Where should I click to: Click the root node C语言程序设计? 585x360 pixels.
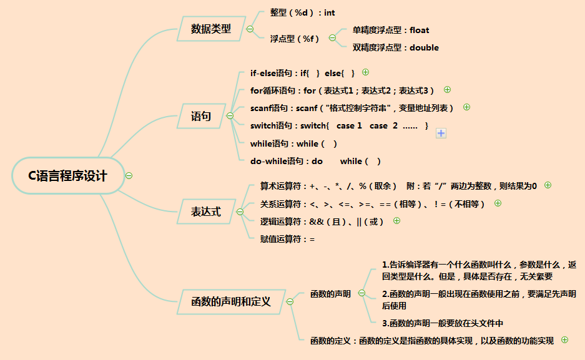[x=67, y=176]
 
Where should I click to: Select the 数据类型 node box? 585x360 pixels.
[x=210, y=29]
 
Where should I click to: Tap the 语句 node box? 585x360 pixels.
[x=200, y=116]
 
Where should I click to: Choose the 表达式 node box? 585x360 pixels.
[x=205, y=212]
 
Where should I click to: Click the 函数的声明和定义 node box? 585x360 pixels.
[x=230, y=302]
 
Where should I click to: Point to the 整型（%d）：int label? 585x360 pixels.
[x=303, y=12]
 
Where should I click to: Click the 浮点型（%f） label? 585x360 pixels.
[x=295, y=39]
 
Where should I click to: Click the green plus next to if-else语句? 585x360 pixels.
[x=366, y=72]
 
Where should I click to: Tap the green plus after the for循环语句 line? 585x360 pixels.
[x=447, y=90]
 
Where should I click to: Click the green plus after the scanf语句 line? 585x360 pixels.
[x=466, y=107]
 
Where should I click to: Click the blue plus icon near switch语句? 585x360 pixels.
[x=441, y=133]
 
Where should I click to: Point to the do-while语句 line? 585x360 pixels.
[x=315, y=161]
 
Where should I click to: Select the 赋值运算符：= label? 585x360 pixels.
[x=287, y=238]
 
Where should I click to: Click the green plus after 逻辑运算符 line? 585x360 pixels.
[x=396, y=220]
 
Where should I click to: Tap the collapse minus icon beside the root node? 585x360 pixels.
[x=129, y=176]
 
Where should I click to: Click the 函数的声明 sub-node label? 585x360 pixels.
[x=330, y=294]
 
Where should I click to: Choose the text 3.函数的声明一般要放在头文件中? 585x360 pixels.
[x=442, y=323]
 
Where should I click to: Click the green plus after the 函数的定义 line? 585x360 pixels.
[x=564, y=340]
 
